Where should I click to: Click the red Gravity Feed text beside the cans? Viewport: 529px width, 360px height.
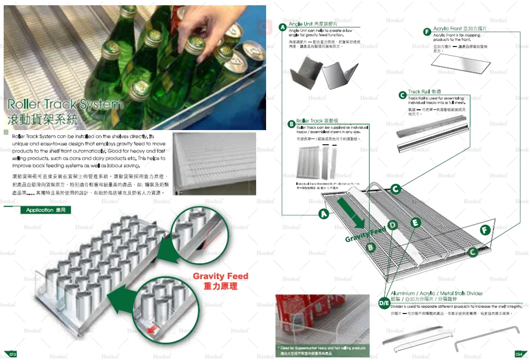(220, 276)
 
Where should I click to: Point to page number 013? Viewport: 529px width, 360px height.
(10, 354)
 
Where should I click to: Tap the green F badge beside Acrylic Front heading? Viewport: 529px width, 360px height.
(427, 32)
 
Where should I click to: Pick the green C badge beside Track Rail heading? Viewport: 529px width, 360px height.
(403, 95)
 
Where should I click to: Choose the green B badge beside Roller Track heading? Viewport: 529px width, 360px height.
(291, 124)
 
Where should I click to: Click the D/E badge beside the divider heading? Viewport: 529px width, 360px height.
(385, 303)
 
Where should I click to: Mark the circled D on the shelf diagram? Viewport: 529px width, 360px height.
(393, 225)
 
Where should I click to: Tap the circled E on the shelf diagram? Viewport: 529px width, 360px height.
(415, 223)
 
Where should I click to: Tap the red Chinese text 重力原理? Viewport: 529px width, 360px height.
(220, 287)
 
